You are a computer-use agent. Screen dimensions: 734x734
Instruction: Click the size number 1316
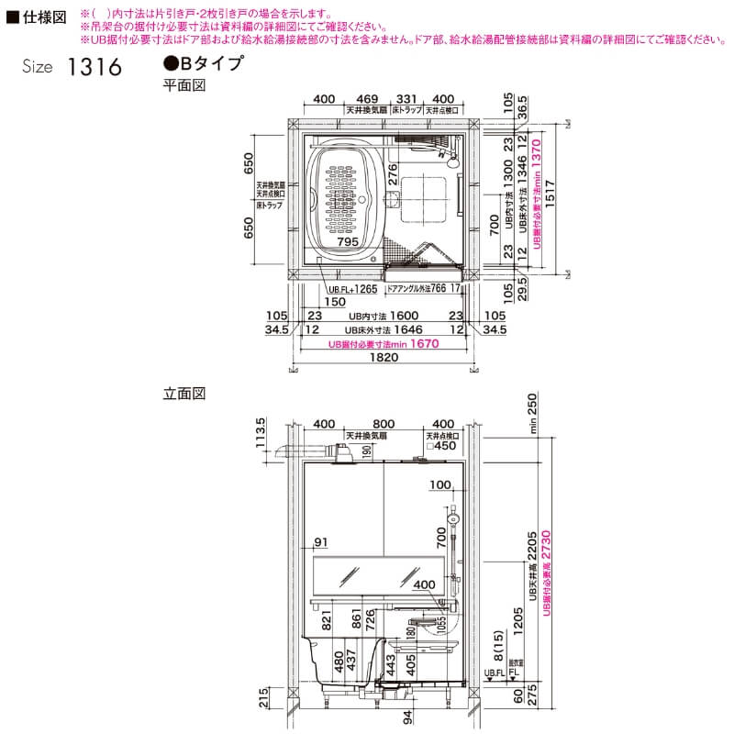tap(94, 70)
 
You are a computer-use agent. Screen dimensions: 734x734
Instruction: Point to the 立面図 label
tap(183, 394)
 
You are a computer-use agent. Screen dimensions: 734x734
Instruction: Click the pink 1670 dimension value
tap(424, 344)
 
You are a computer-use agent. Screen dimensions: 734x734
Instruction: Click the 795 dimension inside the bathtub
tap(348, 241)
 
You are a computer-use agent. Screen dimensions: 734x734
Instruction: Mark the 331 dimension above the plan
tap(406, 98)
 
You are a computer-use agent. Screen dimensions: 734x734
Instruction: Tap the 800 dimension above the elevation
tap(384, 425)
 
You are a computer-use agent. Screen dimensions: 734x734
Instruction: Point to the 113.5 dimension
tap(261, 432)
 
